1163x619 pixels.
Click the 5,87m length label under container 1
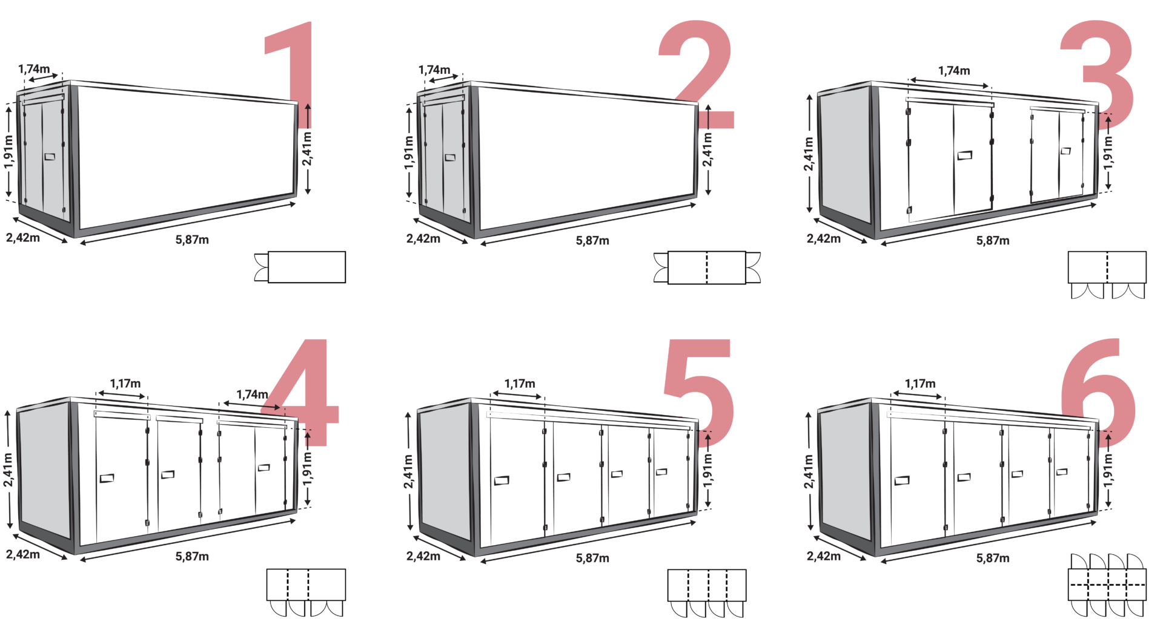coord(192,240)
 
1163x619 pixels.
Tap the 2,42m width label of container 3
coord(823,239)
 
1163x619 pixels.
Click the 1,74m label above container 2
coord(434,70)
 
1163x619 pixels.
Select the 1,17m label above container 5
coord(520,384)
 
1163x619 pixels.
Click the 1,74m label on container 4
coord(251,395)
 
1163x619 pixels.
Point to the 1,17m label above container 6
coord(920,384)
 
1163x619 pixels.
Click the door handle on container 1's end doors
coord(50,157)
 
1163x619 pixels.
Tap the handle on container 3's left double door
coord(965,156)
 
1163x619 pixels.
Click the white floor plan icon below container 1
coord(306,267)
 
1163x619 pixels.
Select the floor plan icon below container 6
coord(1107,585)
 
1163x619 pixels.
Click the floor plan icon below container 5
coord(707,585)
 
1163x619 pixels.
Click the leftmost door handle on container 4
coord(107,479)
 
